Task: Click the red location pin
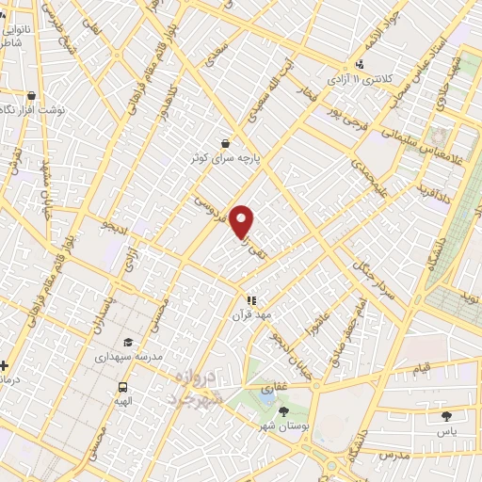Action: (243, 221)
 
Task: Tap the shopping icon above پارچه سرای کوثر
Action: (225, 143)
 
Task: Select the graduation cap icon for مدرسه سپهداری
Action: (128, 343)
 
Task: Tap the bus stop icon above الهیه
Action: (123, 387)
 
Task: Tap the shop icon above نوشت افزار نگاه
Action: (32, 95)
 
